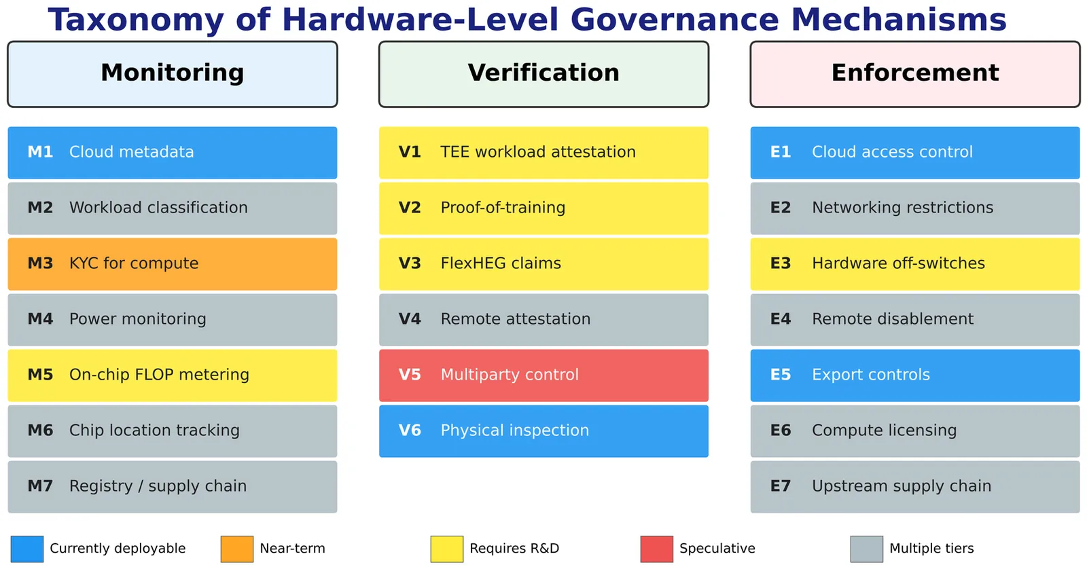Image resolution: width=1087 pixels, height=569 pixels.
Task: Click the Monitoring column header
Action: click(173, 74)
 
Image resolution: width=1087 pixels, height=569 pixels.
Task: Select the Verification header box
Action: click(543, 74)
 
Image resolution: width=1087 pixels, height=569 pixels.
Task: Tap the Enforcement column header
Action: click(914, 74)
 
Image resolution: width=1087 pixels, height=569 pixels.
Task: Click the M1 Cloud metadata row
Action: click(173, 153)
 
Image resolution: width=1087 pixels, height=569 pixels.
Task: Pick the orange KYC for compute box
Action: click(173, 264)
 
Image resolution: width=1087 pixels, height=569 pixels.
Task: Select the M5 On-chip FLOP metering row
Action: click(173, 375)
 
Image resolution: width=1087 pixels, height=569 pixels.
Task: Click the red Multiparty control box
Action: click(543, 375)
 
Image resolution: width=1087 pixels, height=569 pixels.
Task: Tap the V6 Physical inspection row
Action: click(543, 431)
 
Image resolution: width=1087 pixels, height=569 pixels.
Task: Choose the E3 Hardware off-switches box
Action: click(914, 264)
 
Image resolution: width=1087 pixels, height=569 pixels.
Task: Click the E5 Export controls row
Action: click(914, 375)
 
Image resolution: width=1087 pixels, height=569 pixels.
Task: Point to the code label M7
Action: click(40, 486)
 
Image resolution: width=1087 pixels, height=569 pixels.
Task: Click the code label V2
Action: click(410, 208)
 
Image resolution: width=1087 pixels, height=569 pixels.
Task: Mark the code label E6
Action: click(781, 430)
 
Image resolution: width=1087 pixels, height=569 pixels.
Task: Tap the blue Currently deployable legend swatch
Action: click(27, 549)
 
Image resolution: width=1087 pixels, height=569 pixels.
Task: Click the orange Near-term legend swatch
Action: click(237, 549)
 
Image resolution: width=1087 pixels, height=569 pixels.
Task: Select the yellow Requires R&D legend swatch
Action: click(447, 549)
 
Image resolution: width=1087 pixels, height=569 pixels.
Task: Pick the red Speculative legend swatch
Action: click(656, 549)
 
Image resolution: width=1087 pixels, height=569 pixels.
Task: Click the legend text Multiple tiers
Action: click(931, 549)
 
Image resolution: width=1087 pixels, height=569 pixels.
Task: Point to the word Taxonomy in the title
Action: click(136, 21)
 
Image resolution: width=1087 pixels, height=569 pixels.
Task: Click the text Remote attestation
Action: click(516, 319)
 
